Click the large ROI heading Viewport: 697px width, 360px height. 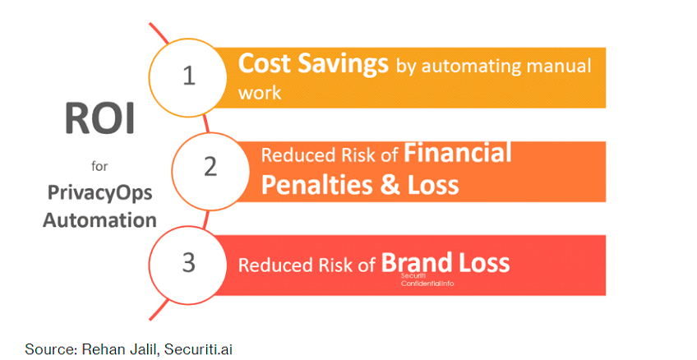point(99,118)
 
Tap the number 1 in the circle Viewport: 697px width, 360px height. point(189,75)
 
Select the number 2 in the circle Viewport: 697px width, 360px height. point(210,167)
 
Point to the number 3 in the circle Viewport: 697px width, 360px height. point(189,262)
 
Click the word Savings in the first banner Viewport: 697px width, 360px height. point(343,63)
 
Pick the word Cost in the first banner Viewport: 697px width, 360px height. point(265,62)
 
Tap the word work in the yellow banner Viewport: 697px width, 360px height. point(260,92)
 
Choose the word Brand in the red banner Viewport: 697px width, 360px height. point(417,262)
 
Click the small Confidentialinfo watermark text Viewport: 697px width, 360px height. point(427,283)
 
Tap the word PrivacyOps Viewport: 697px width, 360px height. point(100,194)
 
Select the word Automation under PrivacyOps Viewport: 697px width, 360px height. point(99,220)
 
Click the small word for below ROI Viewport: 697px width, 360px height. point(99,166)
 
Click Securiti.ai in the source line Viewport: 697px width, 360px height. point(198,349)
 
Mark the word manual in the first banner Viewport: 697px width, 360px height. point(559,65)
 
